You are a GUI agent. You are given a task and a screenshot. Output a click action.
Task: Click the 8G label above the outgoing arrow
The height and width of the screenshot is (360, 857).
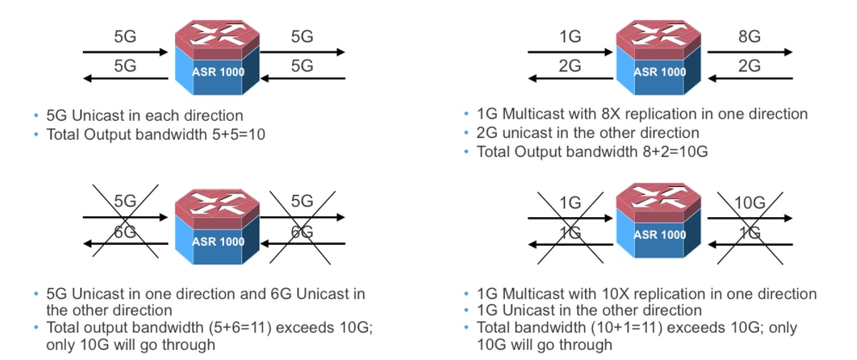point(749,36)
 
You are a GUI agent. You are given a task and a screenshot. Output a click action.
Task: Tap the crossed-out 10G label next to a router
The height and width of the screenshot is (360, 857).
point(749,202)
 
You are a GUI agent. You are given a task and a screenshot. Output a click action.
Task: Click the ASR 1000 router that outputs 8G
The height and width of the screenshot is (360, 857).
point(658,57)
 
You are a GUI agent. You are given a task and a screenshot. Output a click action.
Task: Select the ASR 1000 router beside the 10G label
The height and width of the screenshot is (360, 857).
point(658,221)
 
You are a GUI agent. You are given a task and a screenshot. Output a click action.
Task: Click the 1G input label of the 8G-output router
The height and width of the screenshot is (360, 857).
point(570,36)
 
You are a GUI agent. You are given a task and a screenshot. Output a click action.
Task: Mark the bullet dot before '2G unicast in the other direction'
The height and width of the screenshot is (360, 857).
point(466,133)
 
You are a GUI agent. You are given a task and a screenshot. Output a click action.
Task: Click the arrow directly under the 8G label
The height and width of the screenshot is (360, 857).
point(750,52)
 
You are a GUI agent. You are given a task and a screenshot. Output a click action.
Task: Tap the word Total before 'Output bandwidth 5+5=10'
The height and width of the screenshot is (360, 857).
point(63,134)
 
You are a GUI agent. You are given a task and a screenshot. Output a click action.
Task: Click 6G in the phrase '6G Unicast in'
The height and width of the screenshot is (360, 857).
point(281,294)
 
